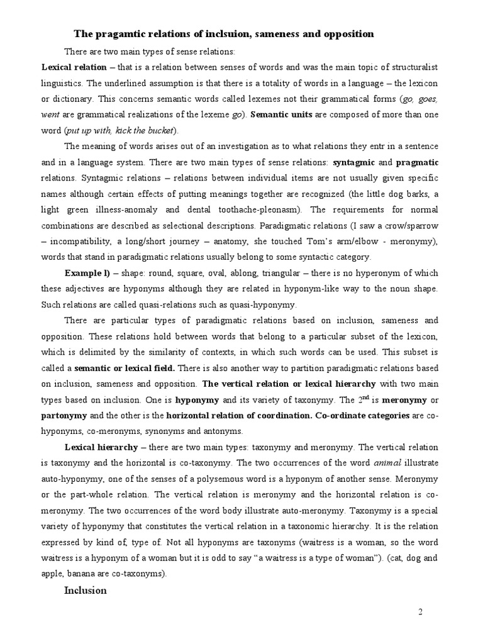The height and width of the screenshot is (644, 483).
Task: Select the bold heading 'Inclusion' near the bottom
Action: click(86, 591)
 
